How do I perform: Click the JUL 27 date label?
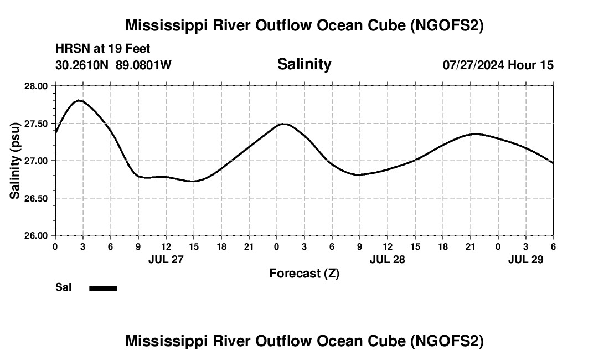[x=166, y=259]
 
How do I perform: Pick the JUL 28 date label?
[x=387, y=259]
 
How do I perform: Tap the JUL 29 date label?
[x=525, y=259]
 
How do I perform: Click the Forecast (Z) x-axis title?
[x=304, y=274]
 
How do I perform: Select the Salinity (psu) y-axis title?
[x=15, y=161]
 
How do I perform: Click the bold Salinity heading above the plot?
[x=304, y=64]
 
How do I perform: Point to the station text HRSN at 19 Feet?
[x=102, y=49]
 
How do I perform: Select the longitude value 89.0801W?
[x=143, y=65]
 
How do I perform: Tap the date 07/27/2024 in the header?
[x=473, y=65]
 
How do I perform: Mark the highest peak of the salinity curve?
[x=80, y=100]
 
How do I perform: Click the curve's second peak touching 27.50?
[x=283, y=124]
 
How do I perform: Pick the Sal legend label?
[x=63, y=287]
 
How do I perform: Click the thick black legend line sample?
[x=103, y=288]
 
